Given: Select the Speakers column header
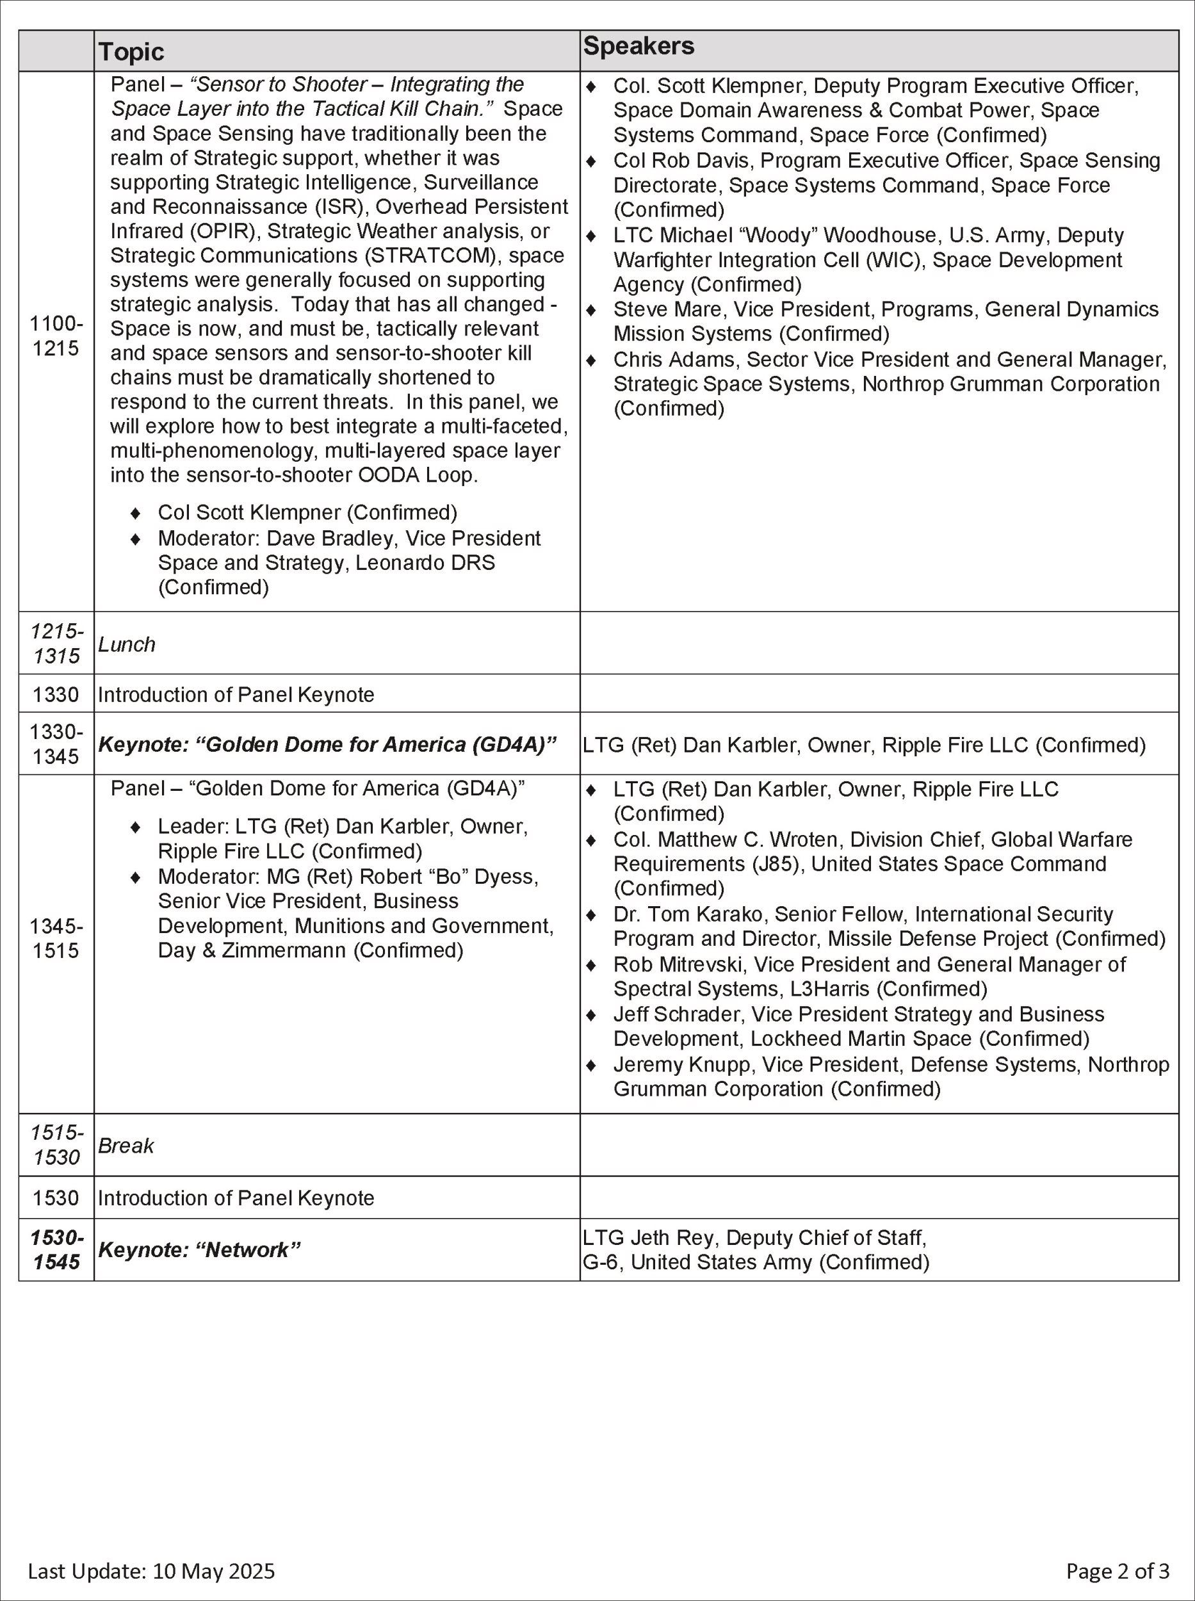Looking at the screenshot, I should [638, 46].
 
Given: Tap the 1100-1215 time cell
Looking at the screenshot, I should [56, 336].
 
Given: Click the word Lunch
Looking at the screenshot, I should [127, 645].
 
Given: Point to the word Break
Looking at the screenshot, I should [126, 1146].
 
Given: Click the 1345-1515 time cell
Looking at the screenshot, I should [56, 938].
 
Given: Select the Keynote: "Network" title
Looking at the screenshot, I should [199, 1250].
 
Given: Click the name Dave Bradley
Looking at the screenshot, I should [330, 538].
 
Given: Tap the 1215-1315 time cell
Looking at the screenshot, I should [56, 643].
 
